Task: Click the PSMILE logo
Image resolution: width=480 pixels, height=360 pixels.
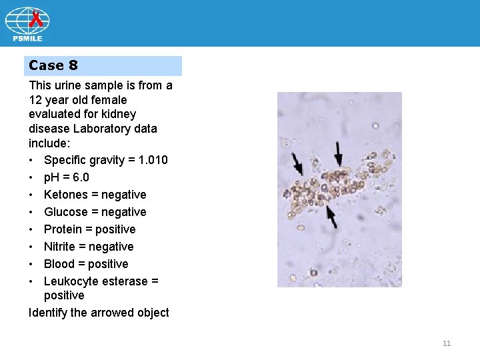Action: pyautogui.click(x=27, y=25)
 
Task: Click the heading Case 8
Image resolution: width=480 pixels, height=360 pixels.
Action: pyautogui.click(x=53, y=65)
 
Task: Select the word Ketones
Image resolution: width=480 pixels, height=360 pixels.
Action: pyautogui.click(x=65, y=195)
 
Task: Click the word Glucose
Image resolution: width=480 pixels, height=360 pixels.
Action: pyautogui.click(x=65, y=212)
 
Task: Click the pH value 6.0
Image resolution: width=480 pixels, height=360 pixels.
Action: pyautogui.click(x=81, y=177)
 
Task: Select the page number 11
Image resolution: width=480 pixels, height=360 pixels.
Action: pyautogui.click(x=447, y=343)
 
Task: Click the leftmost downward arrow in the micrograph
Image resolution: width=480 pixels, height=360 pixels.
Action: pyautogui.click(x=296, y=164)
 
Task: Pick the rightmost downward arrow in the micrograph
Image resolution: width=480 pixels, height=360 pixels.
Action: pyautogui.click(x=339, y=154)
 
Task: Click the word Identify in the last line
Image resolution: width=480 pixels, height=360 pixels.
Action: pyautogui.click(x=49, y=313)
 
